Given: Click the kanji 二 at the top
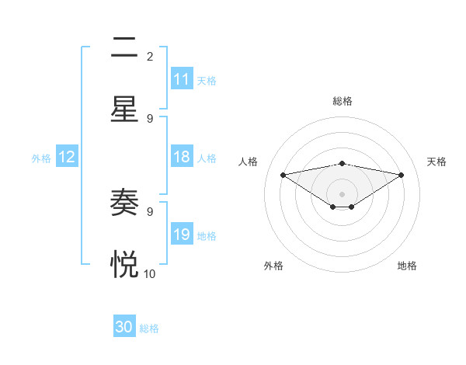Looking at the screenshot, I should (x=124, y=48).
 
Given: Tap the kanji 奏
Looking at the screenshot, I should (x=124, y=203).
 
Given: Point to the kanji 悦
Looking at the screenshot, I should (x=124, y=265).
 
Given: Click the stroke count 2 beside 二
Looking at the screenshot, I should (x=150, y=56).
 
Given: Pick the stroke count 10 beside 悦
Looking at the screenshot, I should (x=150, y=273).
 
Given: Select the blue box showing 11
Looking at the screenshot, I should (x=182, y=79).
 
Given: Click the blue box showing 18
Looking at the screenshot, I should (x=182, y=157).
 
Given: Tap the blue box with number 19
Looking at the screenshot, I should (x=182, y=235).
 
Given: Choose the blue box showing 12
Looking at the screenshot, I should (x=67, y=157).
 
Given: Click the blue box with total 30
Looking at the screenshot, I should (x=124, y=327).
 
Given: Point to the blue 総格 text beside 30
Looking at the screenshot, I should (x=149, y=328).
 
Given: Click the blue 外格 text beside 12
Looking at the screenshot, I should (x=41, y=158).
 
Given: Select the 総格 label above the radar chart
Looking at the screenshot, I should (x=342, y=101).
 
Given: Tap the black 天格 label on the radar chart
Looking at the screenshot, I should (x=437, y=162).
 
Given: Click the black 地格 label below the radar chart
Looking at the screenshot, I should (x=407, y=266).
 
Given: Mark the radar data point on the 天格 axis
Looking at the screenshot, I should (x=402, y=175).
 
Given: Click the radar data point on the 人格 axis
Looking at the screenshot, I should (x=283, y=175).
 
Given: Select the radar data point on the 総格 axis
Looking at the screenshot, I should (x=342, y=163).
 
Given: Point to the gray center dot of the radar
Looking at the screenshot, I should (x=342, y=193).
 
